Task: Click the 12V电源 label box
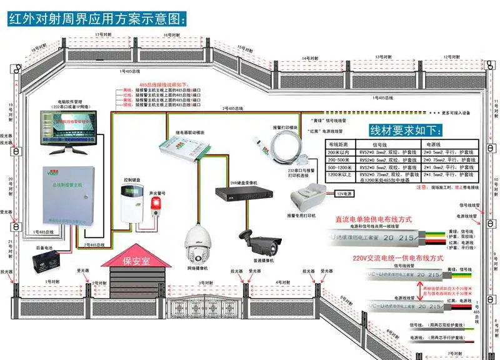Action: click(345, 194)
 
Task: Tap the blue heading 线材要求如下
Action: click(406, 131)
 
